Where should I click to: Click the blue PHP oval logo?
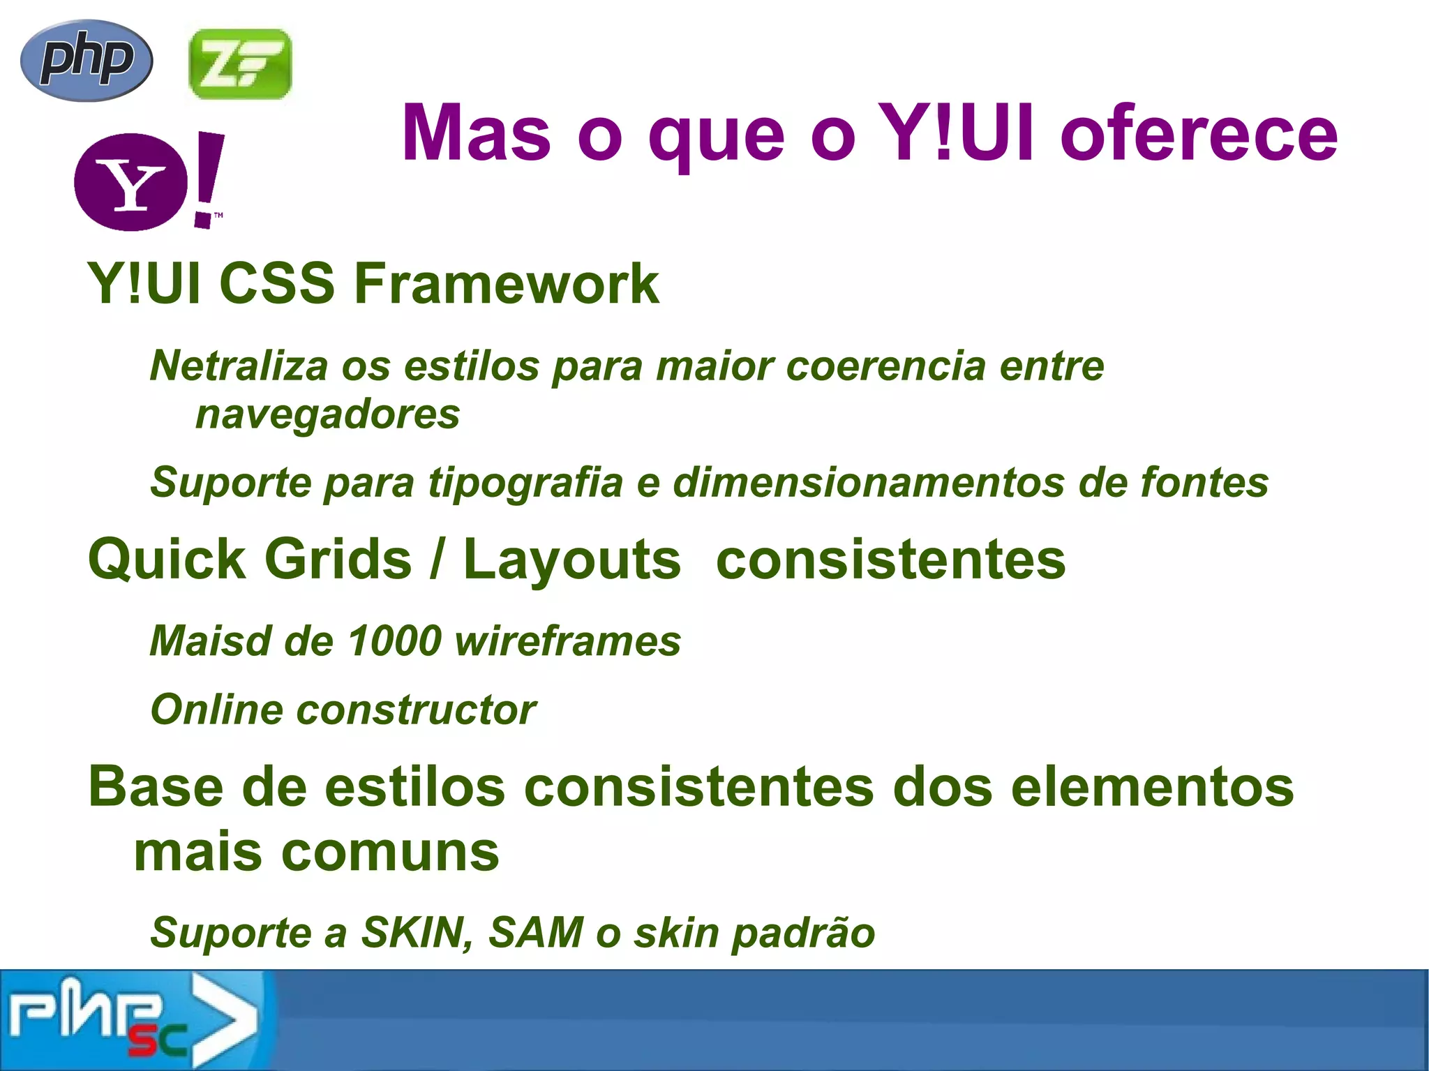[87, 60]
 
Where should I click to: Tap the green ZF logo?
[240, 64]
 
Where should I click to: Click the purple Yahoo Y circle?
[130, 182]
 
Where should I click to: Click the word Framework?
[506, 284]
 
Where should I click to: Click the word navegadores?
[327, 414]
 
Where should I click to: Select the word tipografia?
[525, 482]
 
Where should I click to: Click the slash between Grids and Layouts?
[437, 560]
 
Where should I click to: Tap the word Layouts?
[571, 560]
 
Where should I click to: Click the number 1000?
[394, 641]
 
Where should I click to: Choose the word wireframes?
[568, 641]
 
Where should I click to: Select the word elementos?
[1152, 787]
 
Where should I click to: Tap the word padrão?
[802, 933]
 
